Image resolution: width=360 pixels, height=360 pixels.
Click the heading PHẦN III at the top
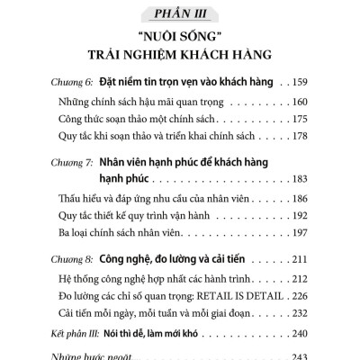180,13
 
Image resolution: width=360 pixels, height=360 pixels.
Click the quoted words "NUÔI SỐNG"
180,40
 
